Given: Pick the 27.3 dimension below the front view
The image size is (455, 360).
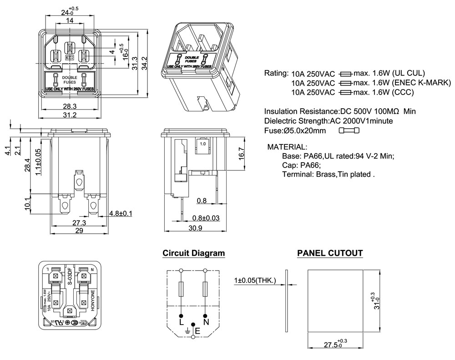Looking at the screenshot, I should (79, 223).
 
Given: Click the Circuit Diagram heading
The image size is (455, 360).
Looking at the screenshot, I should (193, 253).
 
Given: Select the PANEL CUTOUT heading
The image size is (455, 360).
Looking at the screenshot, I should (330, 253).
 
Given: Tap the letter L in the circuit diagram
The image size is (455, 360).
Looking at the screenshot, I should (181, 322).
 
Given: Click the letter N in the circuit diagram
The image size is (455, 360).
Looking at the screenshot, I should (206, 322).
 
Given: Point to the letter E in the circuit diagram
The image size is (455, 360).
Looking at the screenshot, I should (197, 330).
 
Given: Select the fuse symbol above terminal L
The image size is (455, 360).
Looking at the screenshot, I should (181, 288).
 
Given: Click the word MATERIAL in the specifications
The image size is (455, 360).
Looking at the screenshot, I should (287, 147).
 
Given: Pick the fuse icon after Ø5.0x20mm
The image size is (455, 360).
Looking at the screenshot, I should (349, 131).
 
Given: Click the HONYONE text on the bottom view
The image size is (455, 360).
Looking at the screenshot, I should (92, 300).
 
